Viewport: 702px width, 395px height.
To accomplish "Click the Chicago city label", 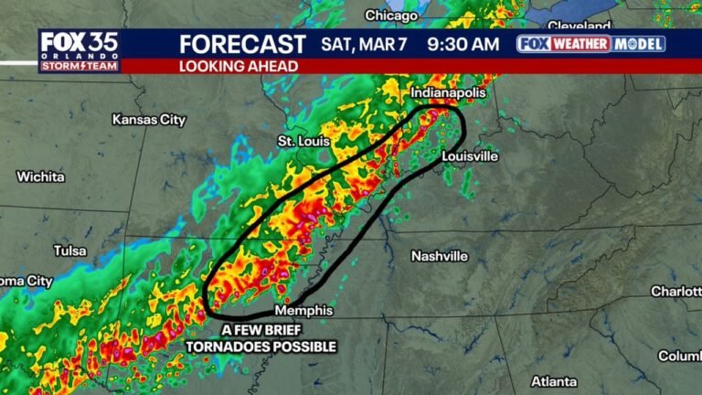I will tap(391, 15).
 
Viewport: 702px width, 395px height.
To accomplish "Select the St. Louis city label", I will tap(302, 141).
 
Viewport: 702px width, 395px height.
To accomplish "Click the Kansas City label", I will tap(148, 119).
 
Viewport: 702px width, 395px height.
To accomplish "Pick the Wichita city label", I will tap(40, 176).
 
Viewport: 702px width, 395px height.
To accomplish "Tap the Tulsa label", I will tap(70, 250).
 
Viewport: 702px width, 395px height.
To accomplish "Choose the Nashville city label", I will tap(439, 255).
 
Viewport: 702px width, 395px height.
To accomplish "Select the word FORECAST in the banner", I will tap(242, 44).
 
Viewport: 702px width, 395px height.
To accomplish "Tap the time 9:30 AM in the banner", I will tap(462, 44).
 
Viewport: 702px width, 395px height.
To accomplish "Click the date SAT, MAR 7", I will tap(361, 44).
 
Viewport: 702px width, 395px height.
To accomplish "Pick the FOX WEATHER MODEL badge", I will tap(591, 44).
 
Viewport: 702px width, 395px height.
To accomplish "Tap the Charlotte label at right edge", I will tap(675, 291).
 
